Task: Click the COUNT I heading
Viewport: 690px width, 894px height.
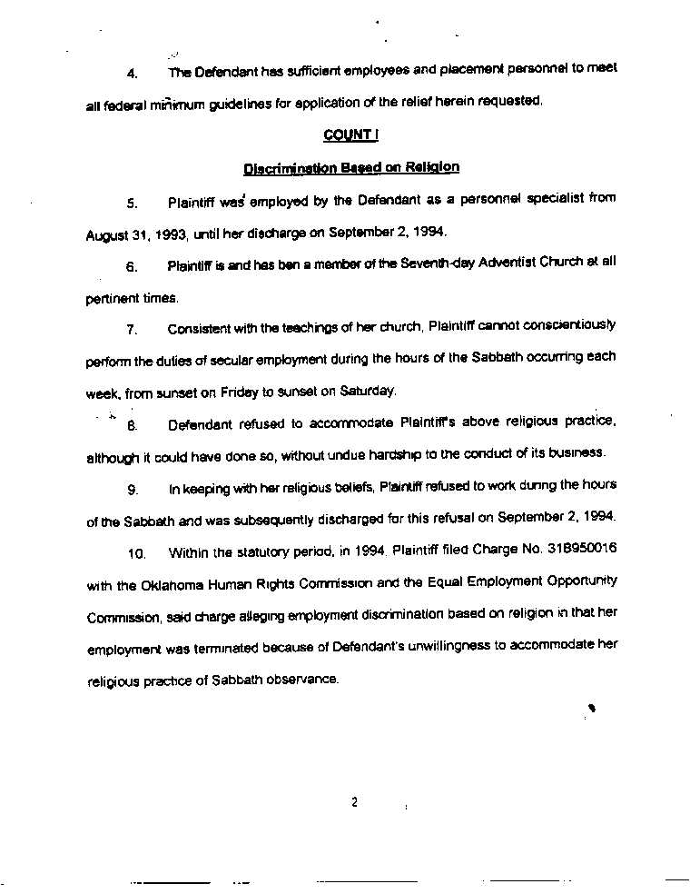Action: point(350,134)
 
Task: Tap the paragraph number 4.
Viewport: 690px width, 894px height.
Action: point(132,72)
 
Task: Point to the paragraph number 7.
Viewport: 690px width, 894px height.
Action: point(132,329)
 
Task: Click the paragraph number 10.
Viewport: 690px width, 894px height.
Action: point(137,552)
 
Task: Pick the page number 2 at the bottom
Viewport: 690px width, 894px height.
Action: point(354,802)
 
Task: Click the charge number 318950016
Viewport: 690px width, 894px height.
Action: point(582,549)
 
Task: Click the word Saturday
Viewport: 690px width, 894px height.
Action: point(368,391)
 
